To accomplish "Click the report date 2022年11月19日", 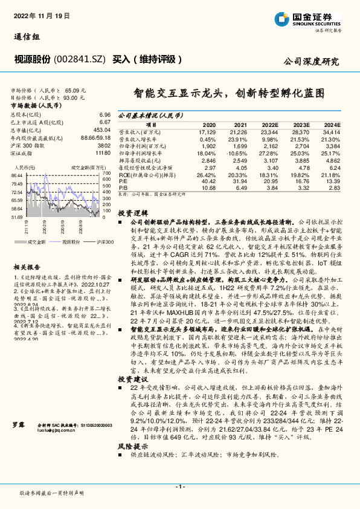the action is (36, 16).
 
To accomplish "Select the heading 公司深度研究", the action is (311, 62).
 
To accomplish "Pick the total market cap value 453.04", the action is (101, 129).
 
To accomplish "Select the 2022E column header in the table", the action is (270, 123).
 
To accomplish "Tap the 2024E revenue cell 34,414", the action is (332, 131).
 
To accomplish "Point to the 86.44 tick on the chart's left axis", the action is (16, 175).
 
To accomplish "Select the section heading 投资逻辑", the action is (132, 213).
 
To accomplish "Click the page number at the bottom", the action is (179, 486).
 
